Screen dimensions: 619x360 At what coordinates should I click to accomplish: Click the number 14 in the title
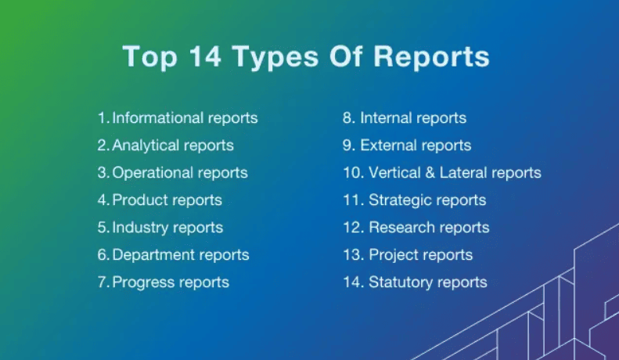[x=205, y=56]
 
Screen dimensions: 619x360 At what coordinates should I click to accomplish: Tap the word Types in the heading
[x=275, y=59]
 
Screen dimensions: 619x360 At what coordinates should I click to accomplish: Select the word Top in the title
[x=150, y=58]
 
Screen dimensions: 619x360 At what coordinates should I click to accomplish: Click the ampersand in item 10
[x=430, y=172]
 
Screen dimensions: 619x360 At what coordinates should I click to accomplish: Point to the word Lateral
[x=463, y=172]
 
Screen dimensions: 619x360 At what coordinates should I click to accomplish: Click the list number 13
[x=353, y=254]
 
